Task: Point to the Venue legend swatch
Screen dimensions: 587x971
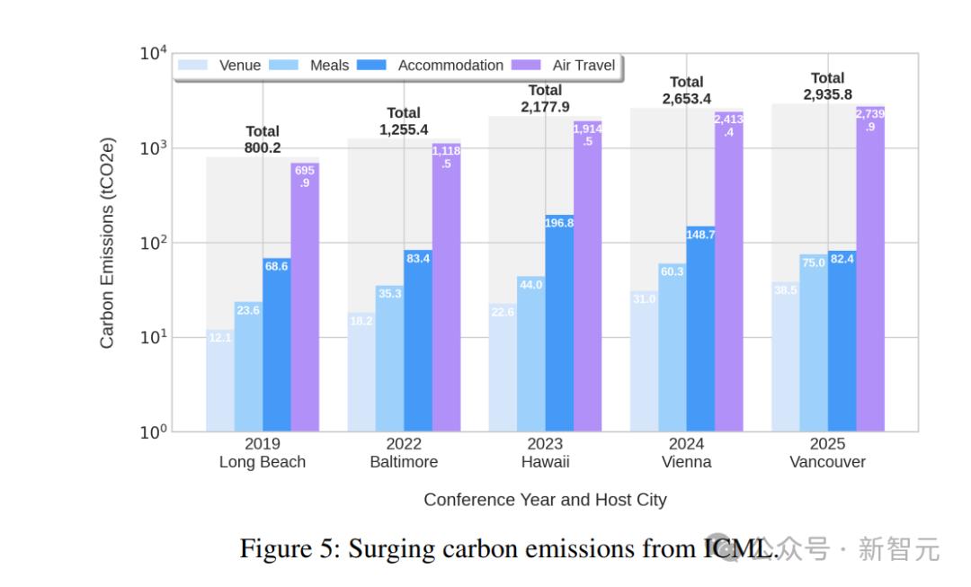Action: pos(193,66)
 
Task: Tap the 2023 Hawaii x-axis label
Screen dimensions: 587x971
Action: pos(545,453)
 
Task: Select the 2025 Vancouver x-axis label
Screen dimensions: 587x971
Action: pos(827,453)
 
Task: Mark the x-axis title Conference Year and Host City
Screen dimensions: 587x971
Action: pos(545,500)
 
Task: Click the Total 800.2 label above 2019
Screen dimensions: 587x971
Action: pos(263,139)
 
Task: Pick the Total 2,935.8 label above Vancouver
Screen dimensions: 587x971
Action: pos(827,86)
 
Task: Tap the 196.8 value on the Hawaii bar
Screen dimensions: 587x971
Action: pos(559,223)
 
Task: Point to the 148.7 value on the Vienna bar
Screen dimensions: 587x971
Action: pos(700,235)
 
